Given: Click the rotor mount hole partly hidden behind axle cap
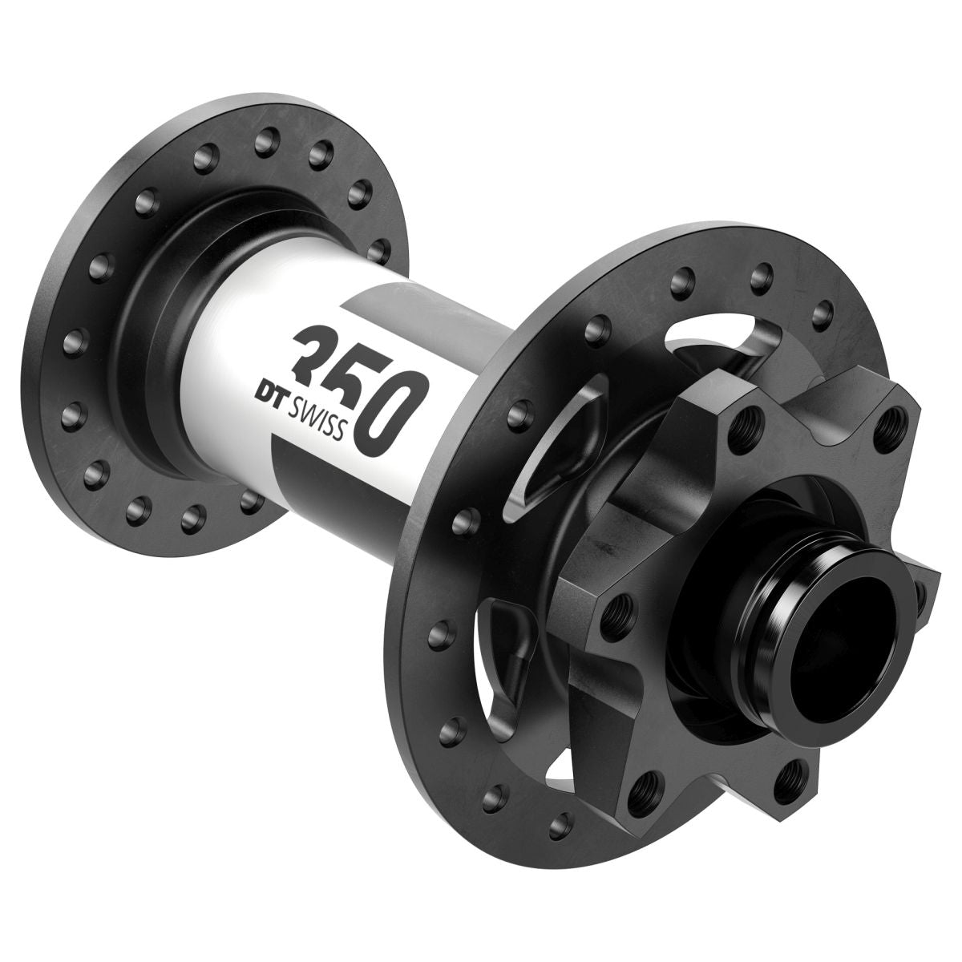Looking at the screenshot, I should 922,592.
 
